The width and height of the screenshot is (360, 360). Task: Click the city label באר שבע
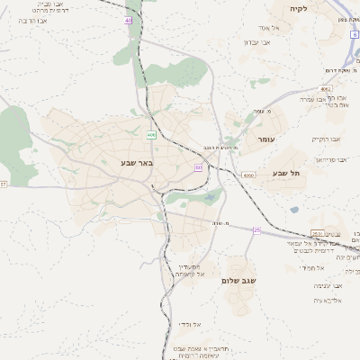(x=138, y=163)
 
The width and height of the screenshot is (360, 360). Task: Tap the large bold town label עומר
(x=268, y=140)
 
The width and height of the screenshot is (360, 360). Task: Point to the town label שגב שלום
(x=239, y=281)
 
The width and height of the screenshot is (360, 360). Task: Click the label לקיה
(x=299, y=8)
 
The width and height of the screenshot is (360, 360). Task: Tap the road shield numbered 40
(x=129, y=20)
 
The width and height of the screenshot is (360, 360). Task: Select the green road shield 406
(x=150, y=135)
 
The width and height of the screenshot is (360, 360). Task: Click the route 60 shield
(x=198, y=167)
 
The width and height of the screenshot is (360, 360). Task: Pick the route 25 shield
(x=256, y=230)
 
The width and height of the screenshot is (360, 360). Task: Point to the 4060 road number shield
(x=248, y=175)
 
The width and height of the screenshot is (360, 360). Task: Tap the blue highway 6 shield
(x=355, y=34)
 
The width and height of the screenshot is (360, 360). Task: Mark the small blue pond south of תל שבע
(x=294, y=210)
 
